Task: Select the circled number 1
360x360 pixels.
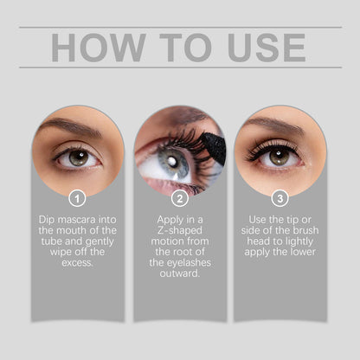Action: pyautogui.click(x=78, y=198)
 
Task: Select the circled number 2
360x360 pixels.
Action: pyautogui.click(x=179, y=198)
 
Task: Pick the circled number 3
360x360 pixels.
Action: pyautogui.click(x=280, y=198)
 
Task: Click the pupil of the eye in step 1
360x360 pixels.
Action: pyautogui.click(x=78, y=157)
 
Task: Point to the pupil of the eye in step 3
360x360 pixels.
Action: pyautogui.click(x=279, y=156)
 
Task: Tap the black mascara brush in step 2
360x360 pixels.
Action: pyautogui.click(x=213, y=147)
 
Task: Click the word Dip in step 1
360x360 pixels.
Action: pyautogui.click(x=49, y=220)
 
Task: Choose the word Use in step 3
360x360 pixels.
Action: pyautogui.click(x=252, y=220)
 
